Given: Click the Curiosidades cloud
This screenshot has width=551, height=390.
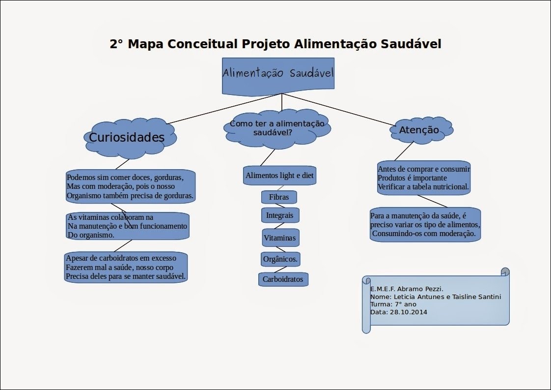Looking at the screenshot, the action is (x=130, y=138).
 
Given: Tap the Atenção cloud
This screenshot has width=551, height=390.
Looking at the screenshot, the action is (x=421, y=130).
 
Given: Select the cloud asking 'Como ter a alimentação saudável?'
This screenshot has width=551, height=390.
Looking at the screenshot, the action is (x=277, y=128).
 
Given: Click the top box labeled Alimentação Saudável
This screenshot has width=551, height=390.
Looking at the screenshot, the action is (x=278, y=76).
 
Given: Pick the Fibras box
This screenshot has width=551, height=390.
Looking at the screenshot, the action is (x=279, y=197).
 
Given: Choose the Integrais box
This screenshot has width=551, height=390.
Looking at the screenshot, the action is (x=280, y=215).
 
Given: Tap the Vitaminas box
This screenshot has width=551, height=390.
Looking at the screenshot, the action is (x=280, y=238).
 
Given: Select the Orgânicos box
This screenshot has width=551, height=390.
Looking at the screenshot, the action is (x=280, y=259).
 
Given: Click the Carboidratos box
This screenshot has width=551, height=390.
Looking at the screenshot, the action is (x=283, y=279).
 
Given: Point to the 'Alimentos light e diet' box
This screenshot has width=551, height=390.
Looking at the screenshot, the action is (x=280, y=175).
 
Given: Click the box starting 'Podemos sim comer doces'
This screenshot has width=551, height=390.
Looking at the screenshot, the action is (x=131, y=186).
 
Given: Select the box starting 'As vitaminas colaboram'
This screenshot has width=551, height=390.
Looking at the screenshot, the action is (x=128, y=226).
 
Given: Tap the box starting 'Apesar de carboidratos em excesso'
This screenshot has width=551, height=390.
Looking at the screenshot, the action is (x=126, y=267).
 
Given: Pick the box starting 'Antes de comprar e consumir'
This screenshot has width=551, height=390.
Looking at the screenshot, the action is (x=424, y=178).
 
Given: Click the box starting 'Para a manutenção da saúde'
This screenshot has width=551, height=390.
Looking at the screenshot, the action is (x=425, y=225).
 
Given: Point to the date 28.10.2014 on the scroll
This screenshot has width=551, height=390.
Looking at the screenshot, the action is (x=409, y=312).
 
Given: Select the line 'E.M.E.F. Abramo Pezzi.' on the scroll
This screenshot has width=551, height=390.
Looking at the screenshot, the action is (x=407, y=289).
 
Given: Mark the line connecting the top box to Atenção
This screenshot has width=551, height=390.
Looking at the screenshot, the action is (x=338, y=109).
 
